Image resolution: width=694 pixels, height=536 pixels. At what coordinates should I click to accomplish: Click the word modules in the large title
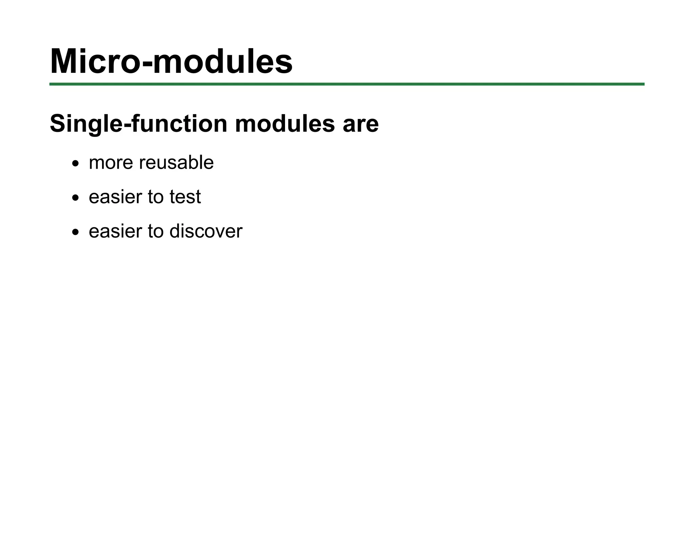tap(223, 61)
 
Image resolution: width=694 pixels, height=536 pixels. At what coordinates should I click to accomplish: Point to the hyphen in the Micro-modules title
tap(146, 64)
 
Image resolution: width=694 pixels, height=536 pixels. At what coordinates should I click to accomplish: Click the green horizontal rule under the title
tap(347, 84)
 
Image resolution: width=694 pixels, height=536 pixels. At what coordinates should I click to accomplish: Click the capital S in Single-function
tap(57, 124)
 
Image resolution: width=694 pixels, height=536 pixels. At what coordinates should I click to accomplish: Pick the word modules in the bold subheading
tap(285, 124)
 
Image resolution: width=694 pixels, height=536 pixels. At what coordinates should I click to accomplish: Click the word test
tap(185, 197)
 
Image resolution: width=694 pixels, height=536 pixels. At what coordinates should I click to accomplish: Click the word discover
tap(206, 231)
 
